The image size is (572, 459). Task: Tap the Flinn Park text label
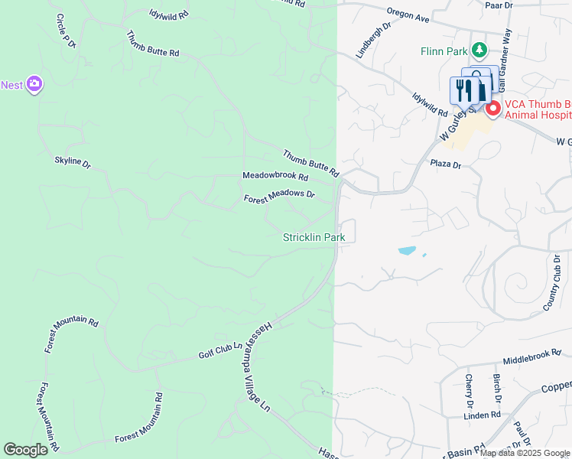point(444,52)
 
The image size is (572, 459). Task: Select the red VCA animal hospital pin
point(492,109)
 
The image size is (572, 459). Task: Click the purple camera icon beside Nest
point(34,84)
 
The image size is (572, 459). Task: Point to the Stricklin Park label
point(314,238)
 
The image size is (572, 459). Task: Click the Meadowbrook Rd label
point(275,176)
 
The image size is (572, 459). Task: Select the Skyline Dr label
point(73,162)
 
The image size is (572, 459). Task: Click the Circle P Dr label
point(67,31)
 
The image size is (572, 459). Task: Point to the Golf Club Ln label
point(220,350)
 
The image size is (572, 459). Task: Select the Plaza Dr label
point(446,164)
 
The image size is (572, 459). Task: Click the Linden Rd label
point(483,415)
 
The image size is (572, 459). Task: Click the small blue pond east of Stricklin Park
point(407,250)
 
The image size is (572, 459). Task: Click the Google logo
point(26,450)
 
